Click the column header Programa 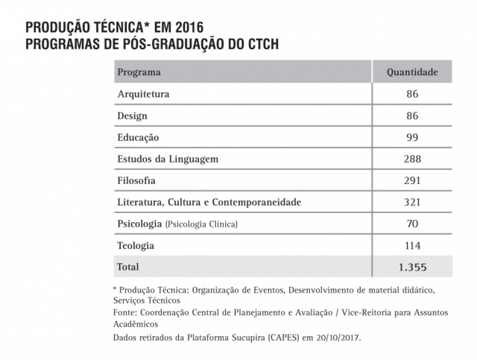pos(139,72)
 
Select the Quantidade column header pos(412,72)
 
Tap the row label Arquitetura pos(144,94)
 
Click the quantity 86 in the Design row pos(413,116)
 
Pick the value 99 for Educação pos(413,137)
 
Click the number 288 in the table pos(413,159)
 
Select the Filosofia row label pos(139,180)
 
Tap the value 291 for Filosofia pos(413,180)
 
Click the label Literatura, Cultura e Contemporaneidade pos(211,202)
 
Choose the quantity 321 pos(413,202)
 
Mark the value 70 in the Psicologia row pos(413,224)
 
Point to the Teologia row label pos(136,245)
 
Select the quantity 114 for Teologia pos(413,245)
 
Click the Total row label pos(128,266)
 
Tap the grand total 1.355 pos(413,266)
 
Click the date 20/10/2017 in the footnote pos(333,338)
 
